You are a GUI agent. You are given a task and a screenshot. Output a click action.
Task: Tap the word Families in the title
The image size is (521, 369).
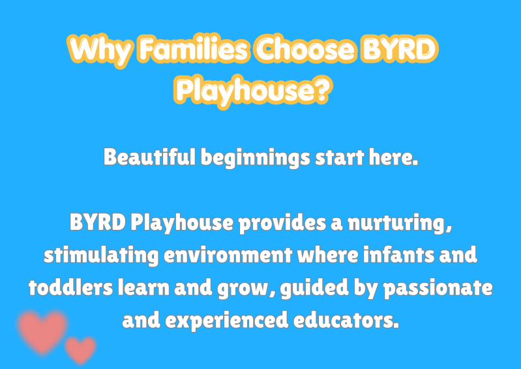(194, 49)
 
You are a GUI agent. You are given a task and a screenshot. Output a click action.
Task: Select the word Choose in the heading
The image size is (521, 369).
(305, 49)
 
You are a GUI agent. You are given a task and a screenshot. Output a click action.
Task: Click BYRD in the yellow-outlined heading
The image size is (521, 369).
(399, 49)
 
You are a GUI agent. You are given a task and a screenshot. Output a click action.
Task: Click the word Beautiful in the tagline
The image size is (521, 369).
(149, 157)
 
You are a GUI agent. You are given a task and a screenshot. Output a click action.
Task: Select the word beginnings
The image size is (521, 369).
(256, 159)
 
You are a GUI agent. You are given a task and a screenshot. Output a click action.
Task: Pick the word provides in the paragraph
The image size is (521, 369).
(282, 223)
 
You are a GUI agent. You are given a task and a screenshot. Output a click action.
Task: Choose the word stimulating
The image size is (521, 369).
(101, 256)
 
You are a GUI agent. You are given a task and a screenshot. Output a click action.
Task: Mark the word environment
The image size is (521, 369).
(228, 255)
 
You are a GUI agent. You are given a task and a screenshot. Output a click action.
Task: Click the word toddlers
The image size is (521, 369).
(71, 287)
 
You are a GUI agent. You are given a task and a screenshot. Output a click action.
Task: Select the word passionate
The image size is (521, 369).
(438, 289)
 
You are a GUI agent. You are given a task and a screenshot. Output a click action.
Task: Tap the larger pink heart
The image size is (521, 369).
(42, 331)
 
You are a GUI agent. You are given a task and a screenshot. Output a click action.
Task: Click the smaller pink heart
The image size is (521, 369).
(80, 350)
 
